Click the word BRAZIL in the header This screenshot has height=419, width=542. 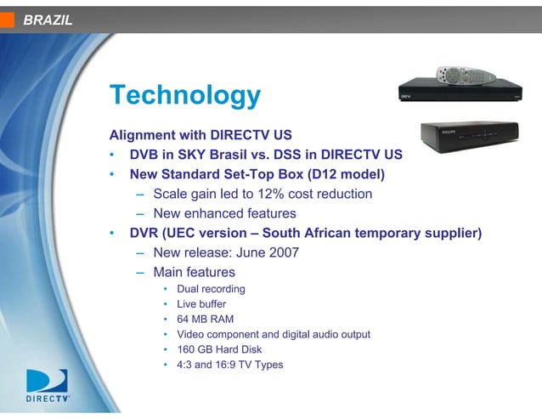(x=48, y=20)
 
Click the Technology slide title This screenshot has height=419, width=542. (x=185, y=94)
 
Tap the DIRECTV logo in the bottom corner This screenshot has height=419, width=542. (x=48, y=386)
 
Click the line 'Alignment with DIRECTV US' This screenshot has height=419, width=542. (x=206, y=135)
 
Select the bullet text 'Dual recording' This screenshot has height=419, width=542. (x=211, y=289)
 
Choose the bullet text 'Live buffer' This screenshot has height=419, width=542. (x=201, y=303)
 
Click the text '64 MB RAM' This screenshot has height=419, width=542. (x=205, y=319)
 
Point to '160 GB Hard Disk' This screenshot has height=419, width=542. (x=219, y=349)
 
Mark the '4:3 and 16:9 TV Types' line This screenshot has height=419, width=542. (x=229, y=365)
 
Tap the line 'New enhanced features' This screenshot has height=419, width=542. (x=224, y=213)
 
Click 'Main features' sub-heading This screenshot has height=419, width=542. (x=194, y=272)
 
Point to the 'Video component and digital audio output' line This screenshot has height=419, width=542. (x=273, y=334)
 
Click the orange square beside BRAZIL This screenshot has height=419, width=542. (x=7, y=20)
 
